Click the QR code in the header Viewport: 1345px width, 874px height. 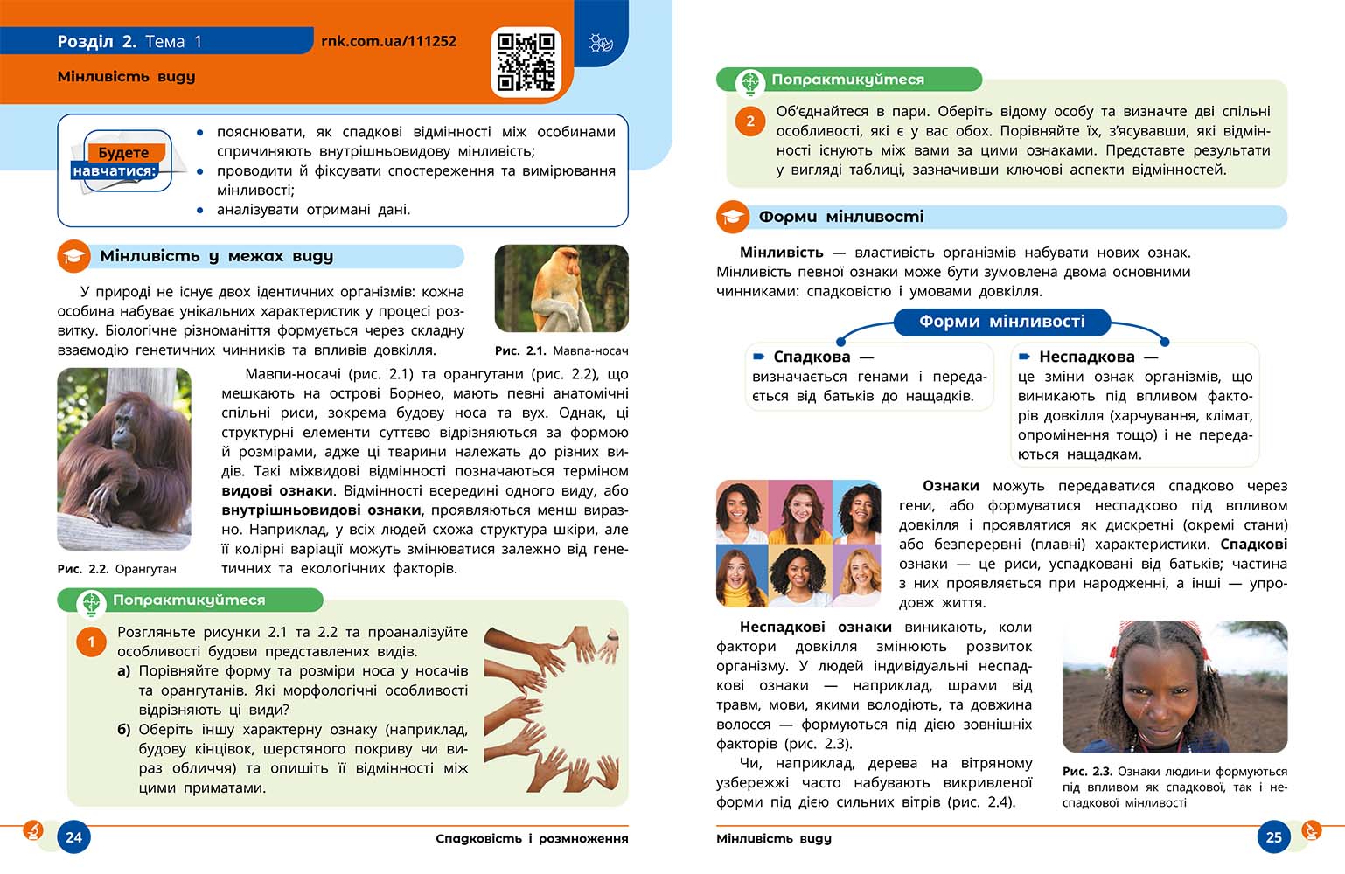click(526, 61)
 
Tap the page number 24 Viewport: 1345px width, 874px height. click(74, 836)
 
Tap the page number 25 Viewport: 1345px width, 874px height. click(1273, 836)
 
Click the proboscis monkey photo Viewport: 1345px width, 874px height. click(561, 288)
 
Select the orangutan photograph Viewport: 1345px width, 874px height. click(124, 459)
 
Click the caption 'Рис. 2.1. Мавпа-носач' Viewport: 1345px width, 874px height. click(561, 350)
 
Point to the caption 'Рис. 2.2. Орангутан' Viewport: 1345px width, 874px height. click(117, 569)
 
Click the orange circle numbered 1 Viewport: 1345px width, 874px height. click(91, 642)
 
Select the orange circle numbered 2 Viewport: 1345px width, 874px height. click(750, 121)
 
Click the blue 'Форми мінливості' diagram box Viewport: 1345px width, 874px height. click(1001, 322)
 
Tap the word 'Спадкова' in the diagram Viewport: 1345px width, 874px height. click(812, 357)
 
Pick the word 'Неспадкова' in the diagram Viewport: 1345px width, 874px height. click(1087, 357)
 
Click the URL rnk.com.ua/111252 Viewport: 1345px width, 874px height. click(388, 41)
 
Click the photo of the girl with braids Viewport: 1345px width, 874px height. click(1174, 687)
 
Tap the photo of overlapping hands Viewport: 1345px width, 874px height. click(553, 708)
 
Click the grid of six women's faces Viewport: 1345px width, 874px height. click(798, 543)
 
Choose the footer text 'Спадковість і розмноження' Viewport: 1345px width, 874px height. click(532, 838)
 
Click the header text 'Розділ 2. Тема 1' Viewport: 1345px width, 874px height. click(129, 41)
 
